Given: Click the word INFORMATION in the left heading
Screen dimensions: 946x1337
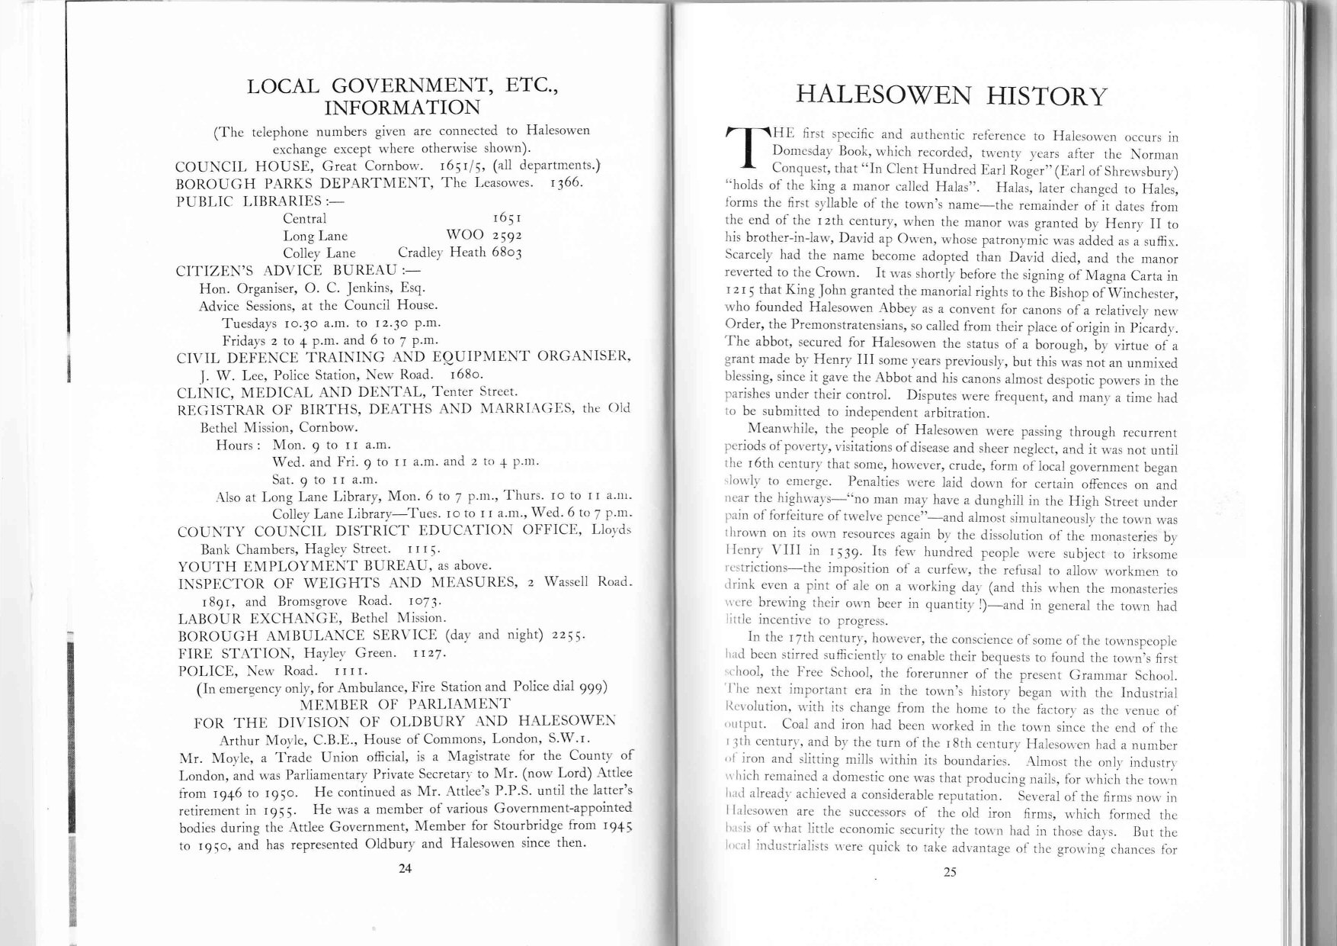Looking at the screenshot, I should (x=403, y=108).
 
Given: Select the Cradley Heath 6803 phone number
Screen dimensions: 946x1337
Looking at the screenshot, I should (x=460, y=253).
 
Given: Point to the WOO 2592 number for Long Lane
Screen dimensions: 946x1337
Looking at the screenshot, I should (x=483, y=236).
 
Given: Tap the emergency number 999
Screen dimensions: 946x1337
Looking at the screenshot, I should (x=592, y=687).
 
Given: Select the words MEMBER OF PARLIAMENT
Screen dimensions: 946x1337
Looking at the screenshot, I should (x=406, y=703).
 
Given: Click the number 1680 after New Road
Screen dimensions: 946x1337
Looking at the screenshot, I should (x=463, y=375).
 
